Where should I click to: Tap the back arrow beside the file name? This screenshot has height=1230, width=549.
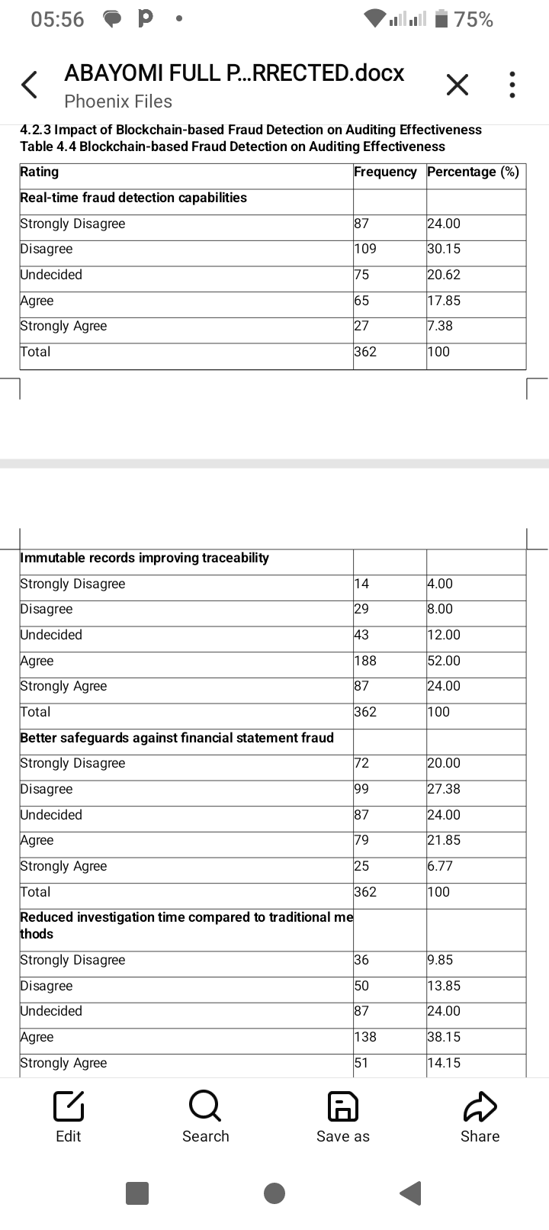(x=29, y=85)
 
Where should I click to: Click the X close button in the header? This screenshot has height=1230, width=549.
(x=457, y=85)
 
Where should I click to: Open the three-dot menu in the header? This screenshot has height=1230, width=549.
(x=512, y=85)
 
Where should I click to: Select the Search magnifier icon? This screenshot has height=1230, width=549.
(x=205, y=1106)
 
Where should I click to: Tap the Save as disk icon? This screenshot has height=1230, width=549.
(x=342, y=1106)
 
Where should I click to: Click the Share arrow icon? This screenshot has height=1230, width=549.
(x=480, y=1106)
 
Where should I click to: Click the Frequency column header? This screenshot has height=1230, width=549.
(x=385, y=172)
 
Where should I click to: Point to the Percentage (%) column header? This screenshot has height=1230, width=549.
(x=473, y=172)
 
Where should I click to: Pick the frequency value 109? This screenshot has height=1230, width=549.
(x=365, y=249)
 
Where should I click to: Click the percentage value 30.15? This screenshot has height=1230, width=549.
(x=444, y=249)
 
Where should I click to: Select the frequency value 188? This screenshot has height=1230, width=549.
(x=365, y=661)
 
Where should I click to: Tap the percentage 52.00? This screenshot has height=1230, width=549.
(x=444, y=661)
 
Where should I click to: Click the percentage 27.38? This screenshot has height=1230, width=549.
(x=444, y=789)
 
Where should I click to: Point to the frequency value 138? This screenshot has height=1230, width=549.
(x=365, y=1037)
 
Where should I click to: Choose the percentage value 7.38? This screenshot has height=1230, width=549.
(x=440, y=326)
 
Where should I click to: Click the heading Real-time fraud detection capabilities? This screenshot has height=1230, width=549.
(x=133, y=198)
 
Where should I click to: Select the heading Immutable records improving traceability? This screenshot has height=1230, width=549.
(x=144, y=558)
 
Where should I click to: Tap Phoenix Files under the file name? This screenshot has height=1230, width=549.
(x=118, y=101)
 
